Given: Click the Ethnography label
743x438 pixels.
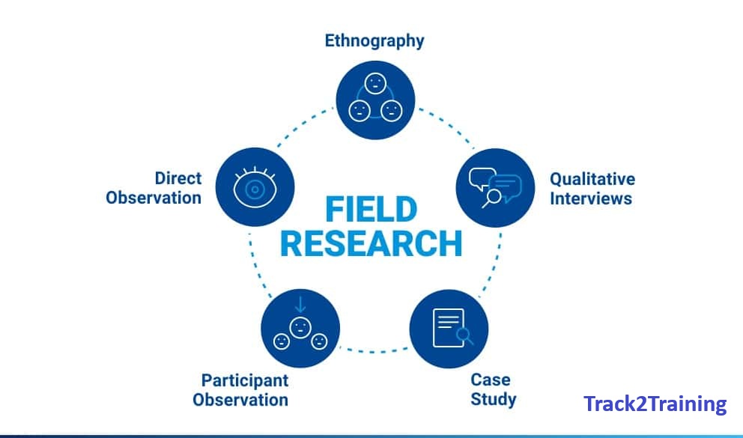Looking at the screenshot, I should [x=374, y=41].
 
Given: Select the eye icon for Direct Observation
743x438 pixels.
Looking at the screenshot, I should [x=255, y=187].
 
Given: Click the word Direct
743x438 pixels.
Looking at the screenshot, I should [x=178, y=178].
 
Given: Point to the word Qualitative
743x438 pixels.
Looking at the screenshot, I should [x=592, y=179].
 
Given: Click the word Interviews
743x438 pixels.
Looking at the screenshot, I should [x=591, y=198].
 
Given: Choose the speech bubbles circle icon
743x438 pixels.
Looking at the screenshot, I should [x=494, y=187].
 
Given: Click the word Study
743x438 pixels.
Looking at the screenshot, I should [x=493, y=399].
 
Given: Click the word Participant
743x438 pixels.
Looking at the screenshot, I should [x=244, y=380].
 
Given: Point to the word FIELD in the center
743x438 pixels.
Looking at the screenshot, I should [x=371, y=209].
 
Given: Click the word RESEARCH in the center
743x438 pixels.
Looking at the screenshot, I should [x=371, y=244].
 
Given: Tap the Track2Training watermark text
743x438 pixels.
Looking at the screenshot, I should [x=655, y=404].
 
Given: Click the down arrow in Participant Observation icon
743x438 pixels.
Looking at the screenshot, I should [x=300, y=305].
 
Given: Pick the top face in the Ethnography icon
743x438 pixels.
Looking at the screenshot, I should [x=374, y=83].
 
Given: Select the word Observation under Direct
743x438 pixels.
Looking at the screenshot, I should [x=154, y=198].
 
